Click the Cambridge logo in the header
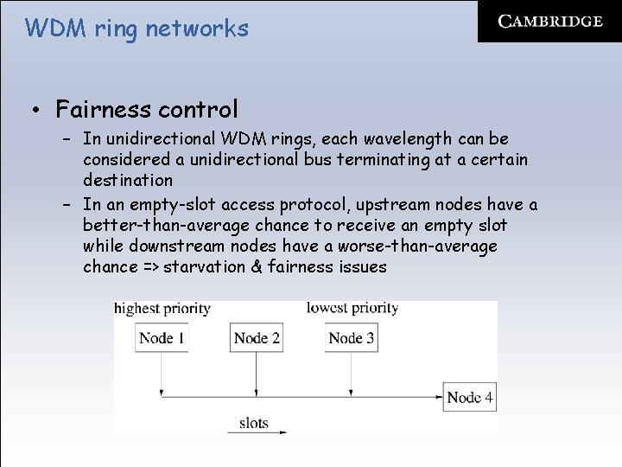click(x=550, y=22)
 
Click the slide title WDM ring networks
click(x=136, y=29)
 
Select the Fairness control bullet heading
click(x=146, y=110)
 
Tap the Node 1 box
click(x=162, y=338)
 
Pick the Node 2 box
click(x=257, y=338)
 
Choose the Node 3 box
click(x=351, y=338)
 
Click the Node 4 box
click(x=470, y=398)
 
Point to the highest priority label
click(x=162, y=309)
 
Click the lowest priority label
click(x=352, y=308)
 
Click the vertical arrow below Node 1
click(x=162, y=374)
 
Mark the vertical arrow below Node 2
click(x=257, y=374)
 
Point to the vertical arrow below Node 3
click(x=351, y=374)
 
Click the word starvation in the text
click(x=204, y=267)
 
